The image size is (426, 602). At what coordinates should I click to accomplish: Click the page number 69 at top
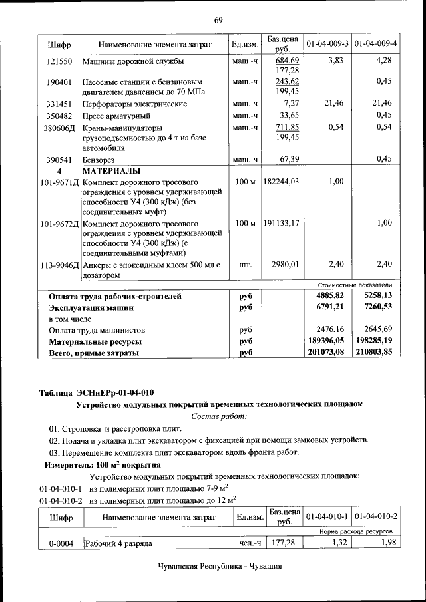coord(218,20)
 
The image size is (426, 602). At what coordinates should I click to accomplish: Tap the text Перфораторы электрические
coord(124,104)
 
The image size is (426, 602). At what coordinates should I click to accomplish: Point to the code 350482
coord(59,115)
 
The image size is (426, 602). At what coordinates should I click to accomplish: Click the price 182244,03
coord(281,182)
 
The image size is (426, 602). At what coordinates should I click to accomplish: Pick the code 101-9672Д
coord(59,224)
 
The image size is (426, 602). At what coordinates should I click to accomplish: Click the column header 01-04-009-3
coord(327,44)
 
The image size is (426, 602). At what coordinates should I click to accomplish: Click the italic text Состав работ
coord(218,416)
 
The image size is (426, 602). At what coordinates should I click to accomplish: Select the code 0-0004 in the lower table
coord(59,543)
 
